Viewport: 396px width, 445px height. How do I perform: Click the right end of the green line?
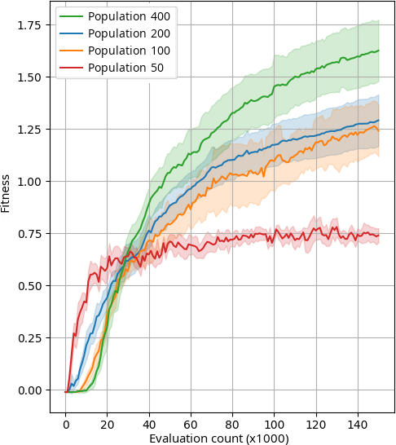(379, 51)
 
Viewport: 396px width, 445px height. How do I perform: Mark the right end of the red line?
(379, 235)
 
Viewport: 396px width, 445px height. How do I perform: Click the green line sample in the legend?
(72, 16)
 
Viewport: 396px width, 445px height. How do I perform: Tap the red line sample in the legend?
(72, 68)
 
